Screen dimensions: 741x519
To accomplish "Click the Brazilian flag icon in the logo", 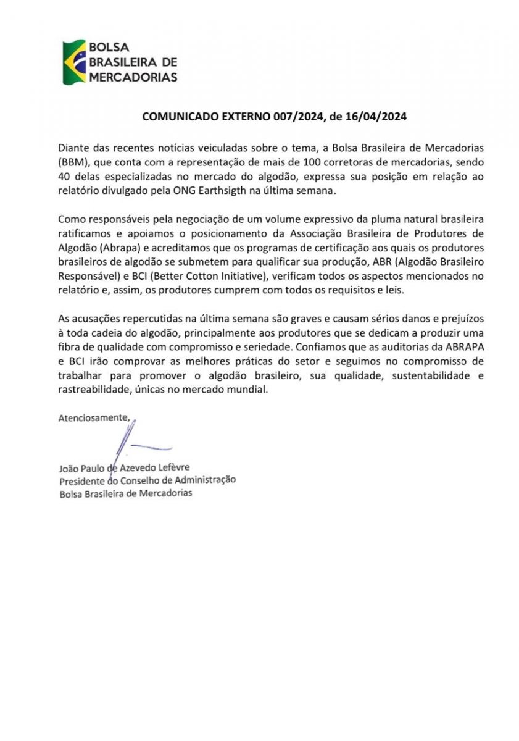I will click(x=74, y=62).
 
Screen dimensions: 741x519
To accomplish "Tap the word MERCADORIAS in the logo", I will click(x=133, y=77).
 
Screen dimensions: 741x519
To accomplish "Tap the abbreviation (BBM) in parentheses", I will click(x=73, y=162).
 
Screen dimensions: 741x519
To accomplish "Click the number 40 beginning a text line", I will click(x=65, y=177).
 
